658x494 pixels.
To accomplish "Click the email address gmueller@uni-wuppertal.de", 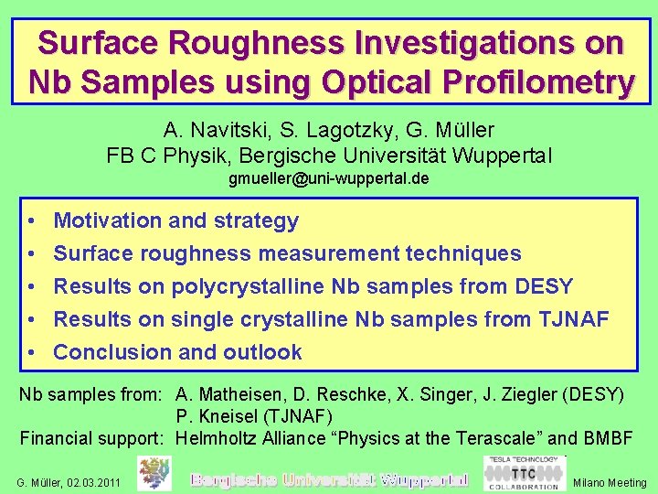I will (328, 178).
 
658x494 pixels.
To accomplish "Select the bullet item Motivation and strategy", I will (175, 220).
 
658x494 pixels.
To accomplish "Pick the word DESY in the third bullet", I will (543, 286).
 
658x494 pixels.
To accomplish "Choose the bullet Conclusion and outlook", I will (177, 352).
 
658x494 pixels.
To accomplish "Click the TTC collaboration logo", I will (523, 474).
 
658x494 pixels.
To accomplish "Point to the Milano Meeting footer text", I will (609, 482).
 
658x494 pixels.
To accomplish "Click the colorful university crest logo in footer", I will (154, 474).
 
